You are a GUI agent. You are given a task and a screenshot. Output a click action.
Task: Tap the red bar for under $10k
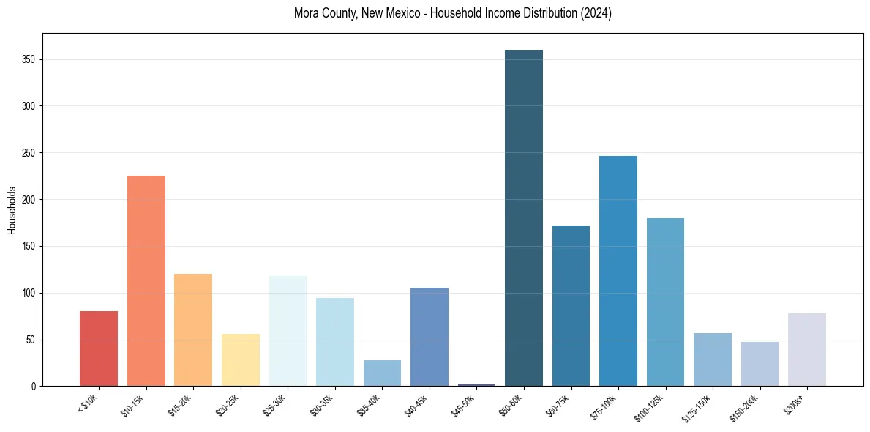click(99, 349)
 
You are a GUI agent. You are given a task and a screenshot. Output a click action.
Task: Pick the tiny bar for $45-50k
click(476, 385)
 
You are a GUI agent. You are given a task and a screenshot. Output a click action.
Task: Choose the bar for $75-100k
click(618, 271)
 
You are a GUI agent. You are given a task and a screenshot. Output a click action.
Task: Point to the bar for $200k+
click(806, 349)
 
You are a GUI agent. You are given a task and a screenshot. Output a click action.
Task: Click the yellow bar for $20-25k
click(240, 360)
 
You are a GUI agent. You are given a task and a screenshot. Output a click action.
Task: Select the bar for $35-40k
click(382, 373)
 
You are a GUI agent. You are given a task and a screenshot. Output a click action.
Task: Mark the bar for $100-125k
click(665, 302)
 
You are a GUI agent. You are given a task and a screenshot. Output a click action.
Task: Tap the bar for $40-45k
click(429, 337)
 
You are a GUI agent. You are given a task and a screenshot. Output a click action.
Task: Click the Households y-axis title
click(12, 210)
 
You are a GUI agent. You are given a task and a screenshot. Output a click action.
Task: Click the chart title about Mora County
click(452, 13)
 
